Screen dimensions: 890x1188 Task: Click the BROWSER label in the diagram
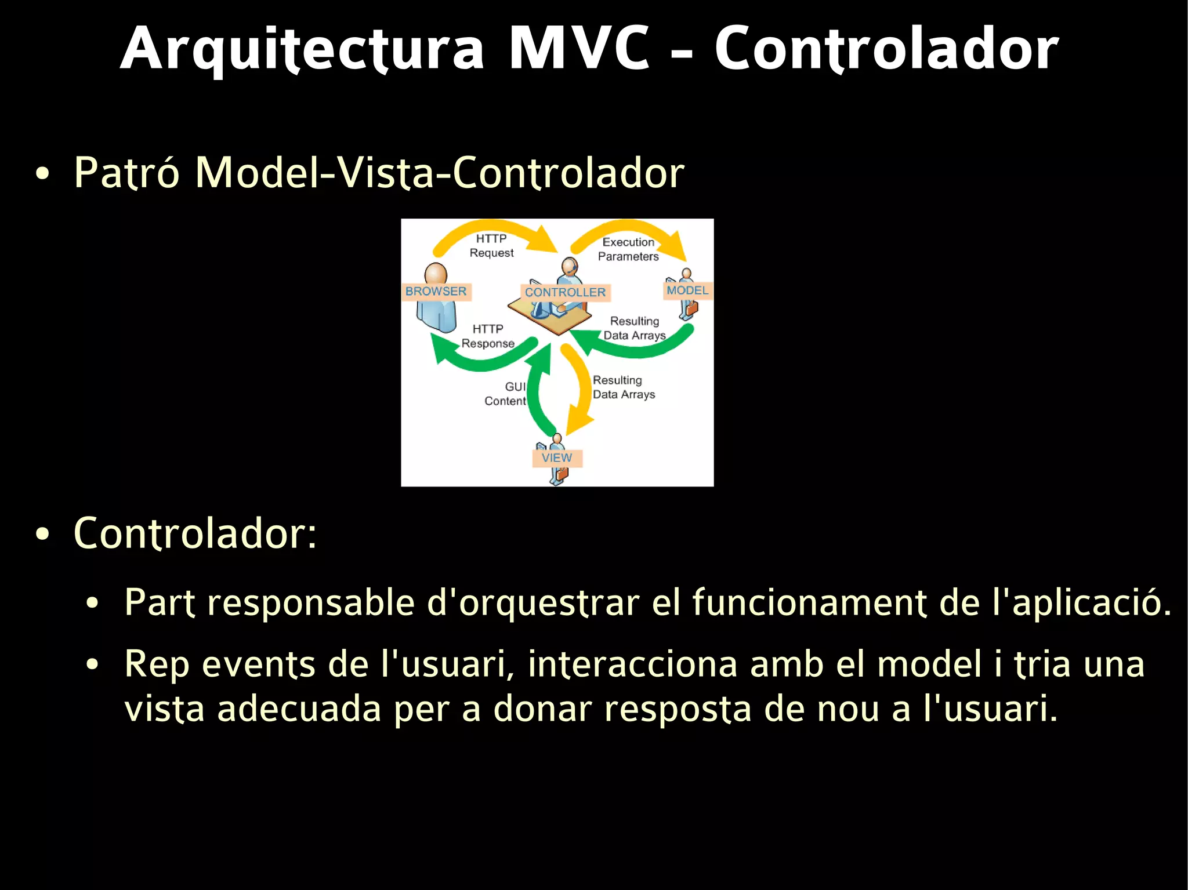point(436,292)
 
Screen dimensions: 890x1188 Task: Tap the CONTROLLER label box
point(565,292)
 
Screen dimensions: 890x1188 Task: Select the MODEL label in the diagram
point(687,290)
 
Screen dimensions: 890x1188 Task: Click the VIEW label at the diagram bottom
point(557,458)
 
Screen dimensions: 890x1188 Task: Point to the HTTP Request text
point(491,246)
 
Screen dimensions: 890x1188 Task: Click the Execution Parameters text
point(628,249)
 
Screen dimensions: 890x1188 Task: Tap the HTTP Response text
point(488,336)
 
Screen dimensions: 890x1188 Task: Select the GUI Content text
point(506,394)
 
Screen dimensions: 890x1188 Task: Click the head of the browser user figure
point(436,274)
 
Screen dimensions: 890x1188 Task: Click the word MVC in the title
point(578,49)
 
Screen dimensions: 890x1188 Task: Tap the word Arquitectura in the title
point(302,49)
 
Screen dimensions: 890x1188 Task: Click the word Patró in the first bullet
point(126,173)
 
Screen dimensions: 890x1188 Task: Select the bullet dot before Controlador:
point(42,535)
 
